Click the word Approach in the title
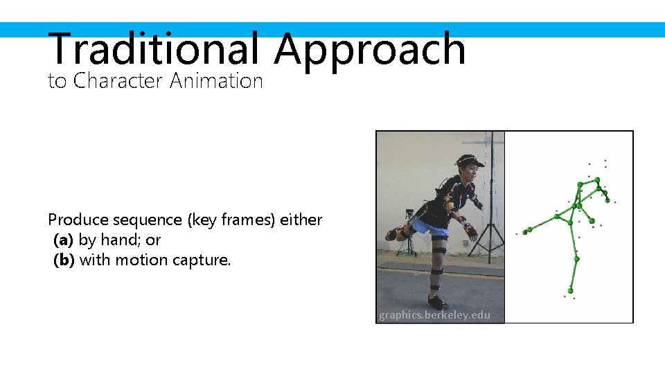(369, 50)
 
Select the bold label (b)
(64, 260)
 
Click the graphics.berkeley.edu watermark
(434, 315)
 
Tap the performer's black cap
(469, 160)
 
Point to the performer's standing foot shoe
(437, 302)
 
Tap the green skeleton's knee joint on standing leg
(576, 259)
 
